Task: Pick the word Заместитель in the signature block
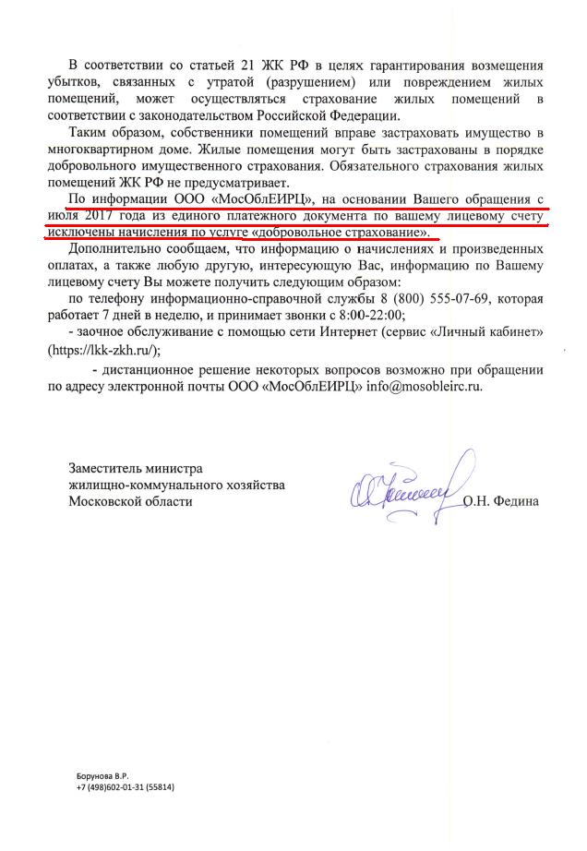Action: pos(110,468)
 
